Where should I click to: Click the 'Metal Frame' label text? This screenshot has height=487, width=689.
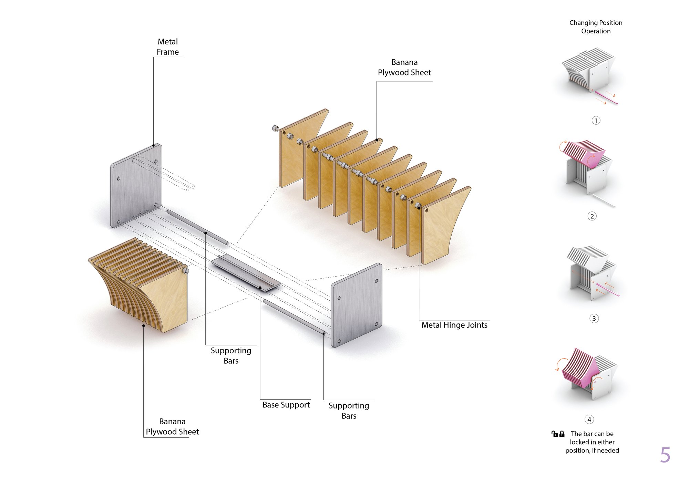(x=168, y=47)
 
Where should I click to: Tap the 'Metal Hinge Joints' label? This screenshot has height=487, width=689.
(x=454, y=325)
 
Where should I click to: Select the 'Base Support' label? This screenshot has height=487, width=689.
(x=286, y=405)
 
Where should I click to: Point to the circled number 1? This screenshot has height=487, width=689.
(x=596, y=121)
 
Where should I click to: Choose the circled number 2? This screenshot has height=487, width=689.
(x=592, y=216)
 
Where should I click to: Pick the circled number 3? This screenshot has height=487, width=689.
(x=594, y=319)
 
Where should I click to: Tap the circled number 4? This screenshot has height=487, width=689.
(x=589, y=419)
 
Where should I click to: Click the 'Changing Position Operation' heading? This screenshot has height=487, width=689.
(x=596, y=27)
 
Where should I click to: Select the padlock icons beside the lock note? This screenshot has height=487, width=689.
(x=558, y=434)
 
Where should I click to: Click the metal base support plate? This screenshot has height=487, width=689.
(x=246, y=273)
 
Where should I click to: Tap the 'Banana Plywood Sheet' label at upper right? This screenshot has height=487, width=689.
(x=404, y=68)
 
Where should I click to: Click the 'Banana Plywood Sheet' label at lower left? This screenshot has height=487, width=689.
(x=172, y=427)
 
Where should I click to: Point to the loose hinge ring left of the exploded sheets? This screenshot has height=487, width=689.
(x=275, y=128)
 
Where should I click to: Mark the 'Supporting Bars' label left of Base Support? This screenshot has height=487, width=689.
(x=231, y=356)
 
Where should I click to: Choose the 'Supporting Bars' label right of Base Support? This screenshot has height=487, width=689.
(x=349, y=411)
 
